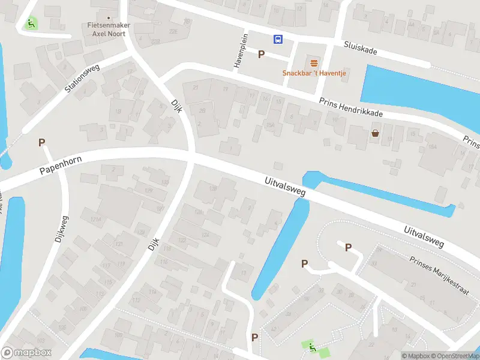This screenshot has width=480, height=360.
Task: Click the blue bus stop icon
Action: [x=278, y=40]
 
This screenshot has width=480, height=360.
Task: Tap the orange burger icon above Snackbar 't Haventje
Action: [x=314, y=64]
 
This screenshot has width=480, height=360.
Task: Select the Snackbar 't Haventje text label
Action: [x=314, y=73]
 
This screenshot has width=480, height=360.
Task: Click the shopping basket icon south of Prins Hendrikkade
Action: [x=376, y=133]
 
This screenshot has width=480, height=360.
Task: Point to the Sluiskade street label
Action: [x=361, y=47]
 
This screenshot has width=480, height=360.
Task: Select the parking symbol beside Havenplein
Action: [x=261, y=55]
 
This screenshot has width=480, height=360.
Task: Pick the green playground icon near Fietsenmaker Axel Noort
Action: [x=31, y=24]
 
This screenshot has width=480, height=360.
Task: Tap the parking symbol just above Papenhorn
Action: [x=41, y=143]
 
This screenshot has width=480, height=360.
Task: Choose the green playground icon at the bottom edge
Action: [x=311, y=346]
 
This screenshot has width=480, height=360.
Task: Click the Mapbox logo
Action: [x=26, y=353]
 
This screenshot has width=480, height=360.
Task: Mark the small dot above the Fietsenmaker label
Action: [x=108, y=17]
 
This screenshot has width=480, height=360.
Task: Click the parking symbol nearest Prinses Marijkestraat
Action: [x=348, y=247]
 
